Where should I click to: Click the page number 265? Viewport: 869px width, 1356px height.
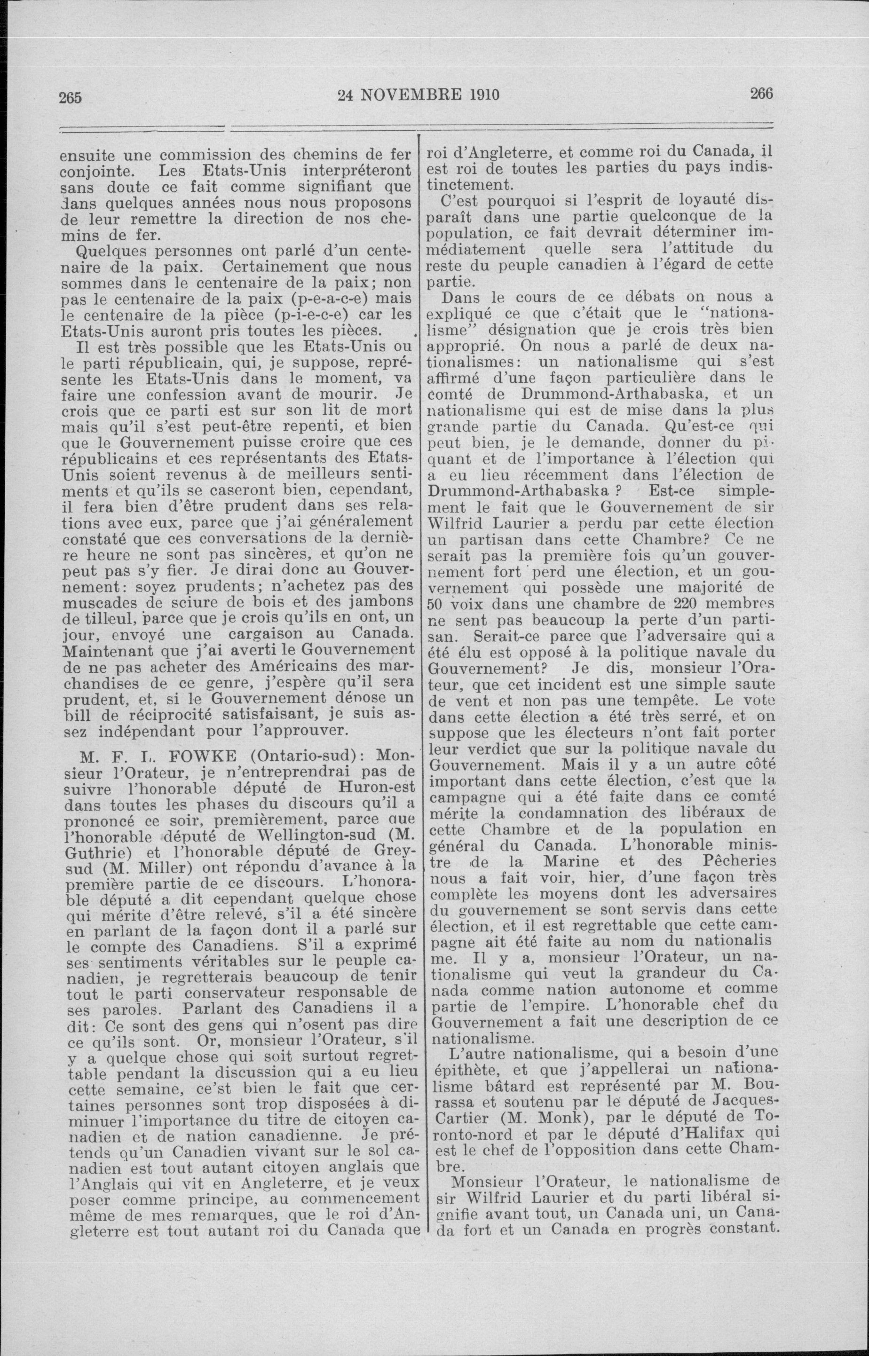71,96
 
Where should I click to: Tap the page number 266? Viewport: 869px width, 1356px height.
761,94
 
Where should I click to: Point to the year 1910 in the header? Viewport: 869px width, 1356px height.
483,94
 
